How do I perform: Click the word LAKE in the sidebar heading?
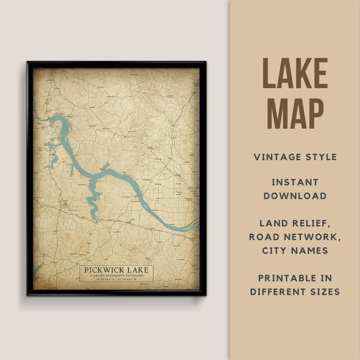click(295, 74)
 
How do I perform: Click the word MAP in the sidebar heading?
click(295, 113)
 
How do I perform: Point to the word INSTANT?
click(295, 182)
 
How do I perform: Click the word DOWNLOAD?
click(295, 196)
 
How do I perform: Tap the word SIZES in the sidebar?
click(325, 292)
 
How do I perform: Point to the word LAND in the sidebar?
click(269, 223)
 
